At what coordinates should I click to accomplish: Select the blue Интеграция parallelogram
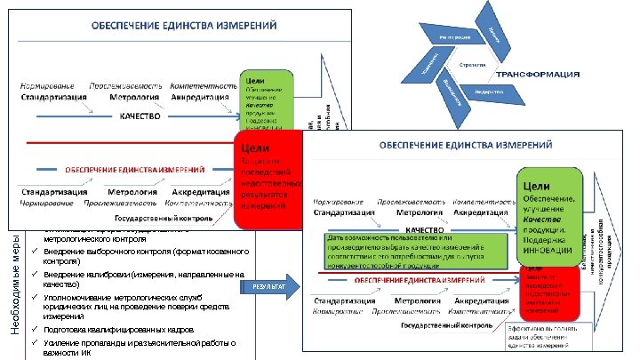454,38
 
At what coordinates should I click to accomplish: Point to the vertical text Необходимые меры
15,289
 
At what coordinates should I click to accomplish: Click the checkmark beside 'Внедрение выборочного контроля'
33,255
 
